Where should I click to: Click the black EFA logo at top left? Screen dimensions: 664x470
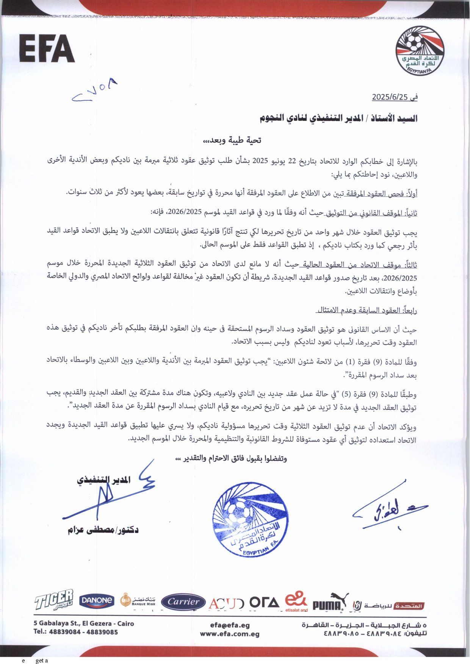(x=47, y=48)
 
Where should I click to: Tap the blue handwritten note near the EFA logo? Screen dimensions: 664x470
(x=95, y=91)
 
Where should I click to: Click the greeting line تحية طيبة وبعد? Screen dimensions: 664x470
(x=232, y=140)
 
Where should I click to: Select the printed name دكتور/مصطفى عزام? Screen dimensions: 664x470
(x=103, y=530)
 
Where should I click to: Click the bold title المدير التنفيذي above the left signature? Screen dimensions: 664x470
(x=104, y=480)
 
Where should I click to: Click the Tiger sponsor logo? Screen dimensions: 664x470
(x=54, y=600)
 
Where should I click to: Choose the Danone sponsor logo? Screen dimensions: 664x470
(x=97, y=600)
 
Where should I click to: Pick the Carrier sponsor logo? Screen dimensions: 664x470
(x=183, y=602)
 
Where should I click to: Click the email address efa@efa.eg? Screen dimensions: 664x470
(x=230, y=625)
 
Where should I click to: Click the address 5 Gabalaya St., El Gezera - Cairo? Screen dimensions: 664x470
(x=84, y=623)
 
